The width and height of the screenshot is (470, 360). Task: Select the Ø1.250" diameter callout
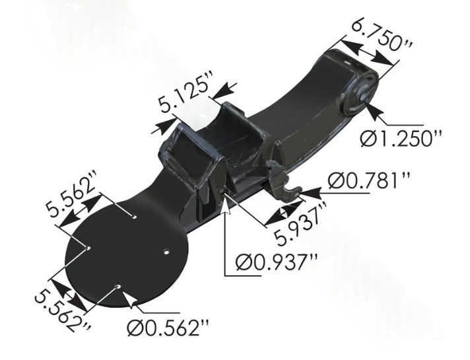tap(401, 139)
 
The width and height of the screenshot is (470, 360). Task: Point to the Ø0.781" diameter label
tap(369, 180)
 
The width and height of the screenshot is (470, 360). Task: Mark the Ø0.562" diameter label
tap(168, 328)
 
